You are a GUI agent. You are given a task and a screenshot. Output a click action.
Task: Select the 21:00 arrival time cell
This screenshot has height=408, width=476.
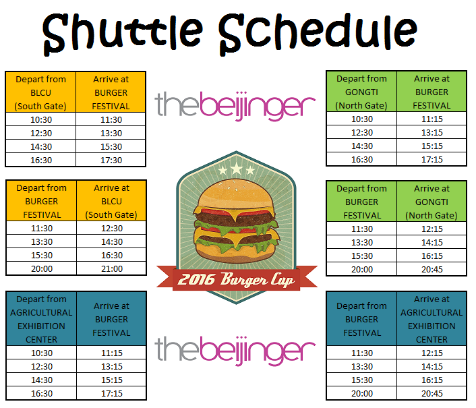(112, 268)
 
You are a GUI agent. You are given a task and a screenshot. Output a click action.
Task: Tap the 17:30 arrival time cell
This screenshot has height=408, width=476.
(111, 160)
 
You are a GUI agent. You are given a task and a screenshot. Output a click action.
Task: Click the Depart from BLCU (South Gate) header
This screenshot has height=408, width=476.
(40, 92)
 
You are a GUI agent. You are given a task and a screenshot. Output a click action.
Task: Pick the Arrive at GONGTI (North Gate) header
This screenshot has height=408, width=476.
(432, 202)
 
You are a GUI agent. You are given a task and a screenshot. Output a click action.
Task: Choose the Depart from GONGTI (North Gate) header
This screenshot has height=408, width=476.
(361, 92)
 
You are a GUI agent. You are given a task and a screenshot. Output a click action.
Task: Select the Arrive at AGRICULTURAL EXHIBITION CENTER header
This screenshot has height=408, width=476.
(432, 319)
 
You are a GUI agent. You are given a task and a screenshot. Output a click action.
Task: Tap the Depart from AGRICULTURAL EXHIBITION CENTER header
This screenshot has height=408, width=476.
(41, 319)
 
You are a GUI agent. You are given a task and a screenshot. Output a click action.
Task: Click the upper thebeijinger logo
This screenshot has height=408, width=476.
(235, 106)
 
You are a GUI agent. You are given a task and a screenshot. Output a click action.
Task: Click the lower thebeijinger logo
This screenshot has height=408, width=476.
(235, 351)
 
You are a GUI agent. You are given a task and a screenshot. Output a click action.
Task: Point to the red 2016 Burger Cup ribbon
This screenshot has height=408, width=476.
(237, 279)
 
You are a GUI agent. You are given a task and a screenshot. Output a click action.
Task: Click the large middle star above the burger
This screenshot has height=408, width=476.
(236, 168)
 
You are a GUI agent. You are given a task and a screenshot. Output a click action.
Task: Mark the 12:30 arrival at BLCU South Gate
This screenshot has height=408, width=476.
(112, 228)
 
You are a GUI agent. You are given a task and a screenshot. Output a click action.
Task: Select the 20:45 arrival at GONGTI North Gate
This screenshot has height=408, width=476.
(432, 269)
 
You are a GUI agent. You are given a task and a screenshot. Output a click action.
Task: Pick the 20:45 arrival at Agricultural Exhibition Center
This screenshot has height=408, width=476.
(432, 393)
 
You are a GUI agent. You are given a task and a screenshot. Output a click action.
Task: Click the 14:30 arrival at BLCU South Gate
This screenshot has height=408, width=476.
(112, 241)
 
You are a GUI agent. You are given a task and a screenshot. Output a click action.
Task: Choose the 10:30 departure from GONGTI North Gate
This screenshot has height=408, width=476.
(362, 119)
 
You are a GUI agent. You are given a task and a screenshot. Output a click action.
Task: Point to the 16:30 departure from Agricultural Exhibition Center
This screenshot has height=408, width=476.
(42, 393)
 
